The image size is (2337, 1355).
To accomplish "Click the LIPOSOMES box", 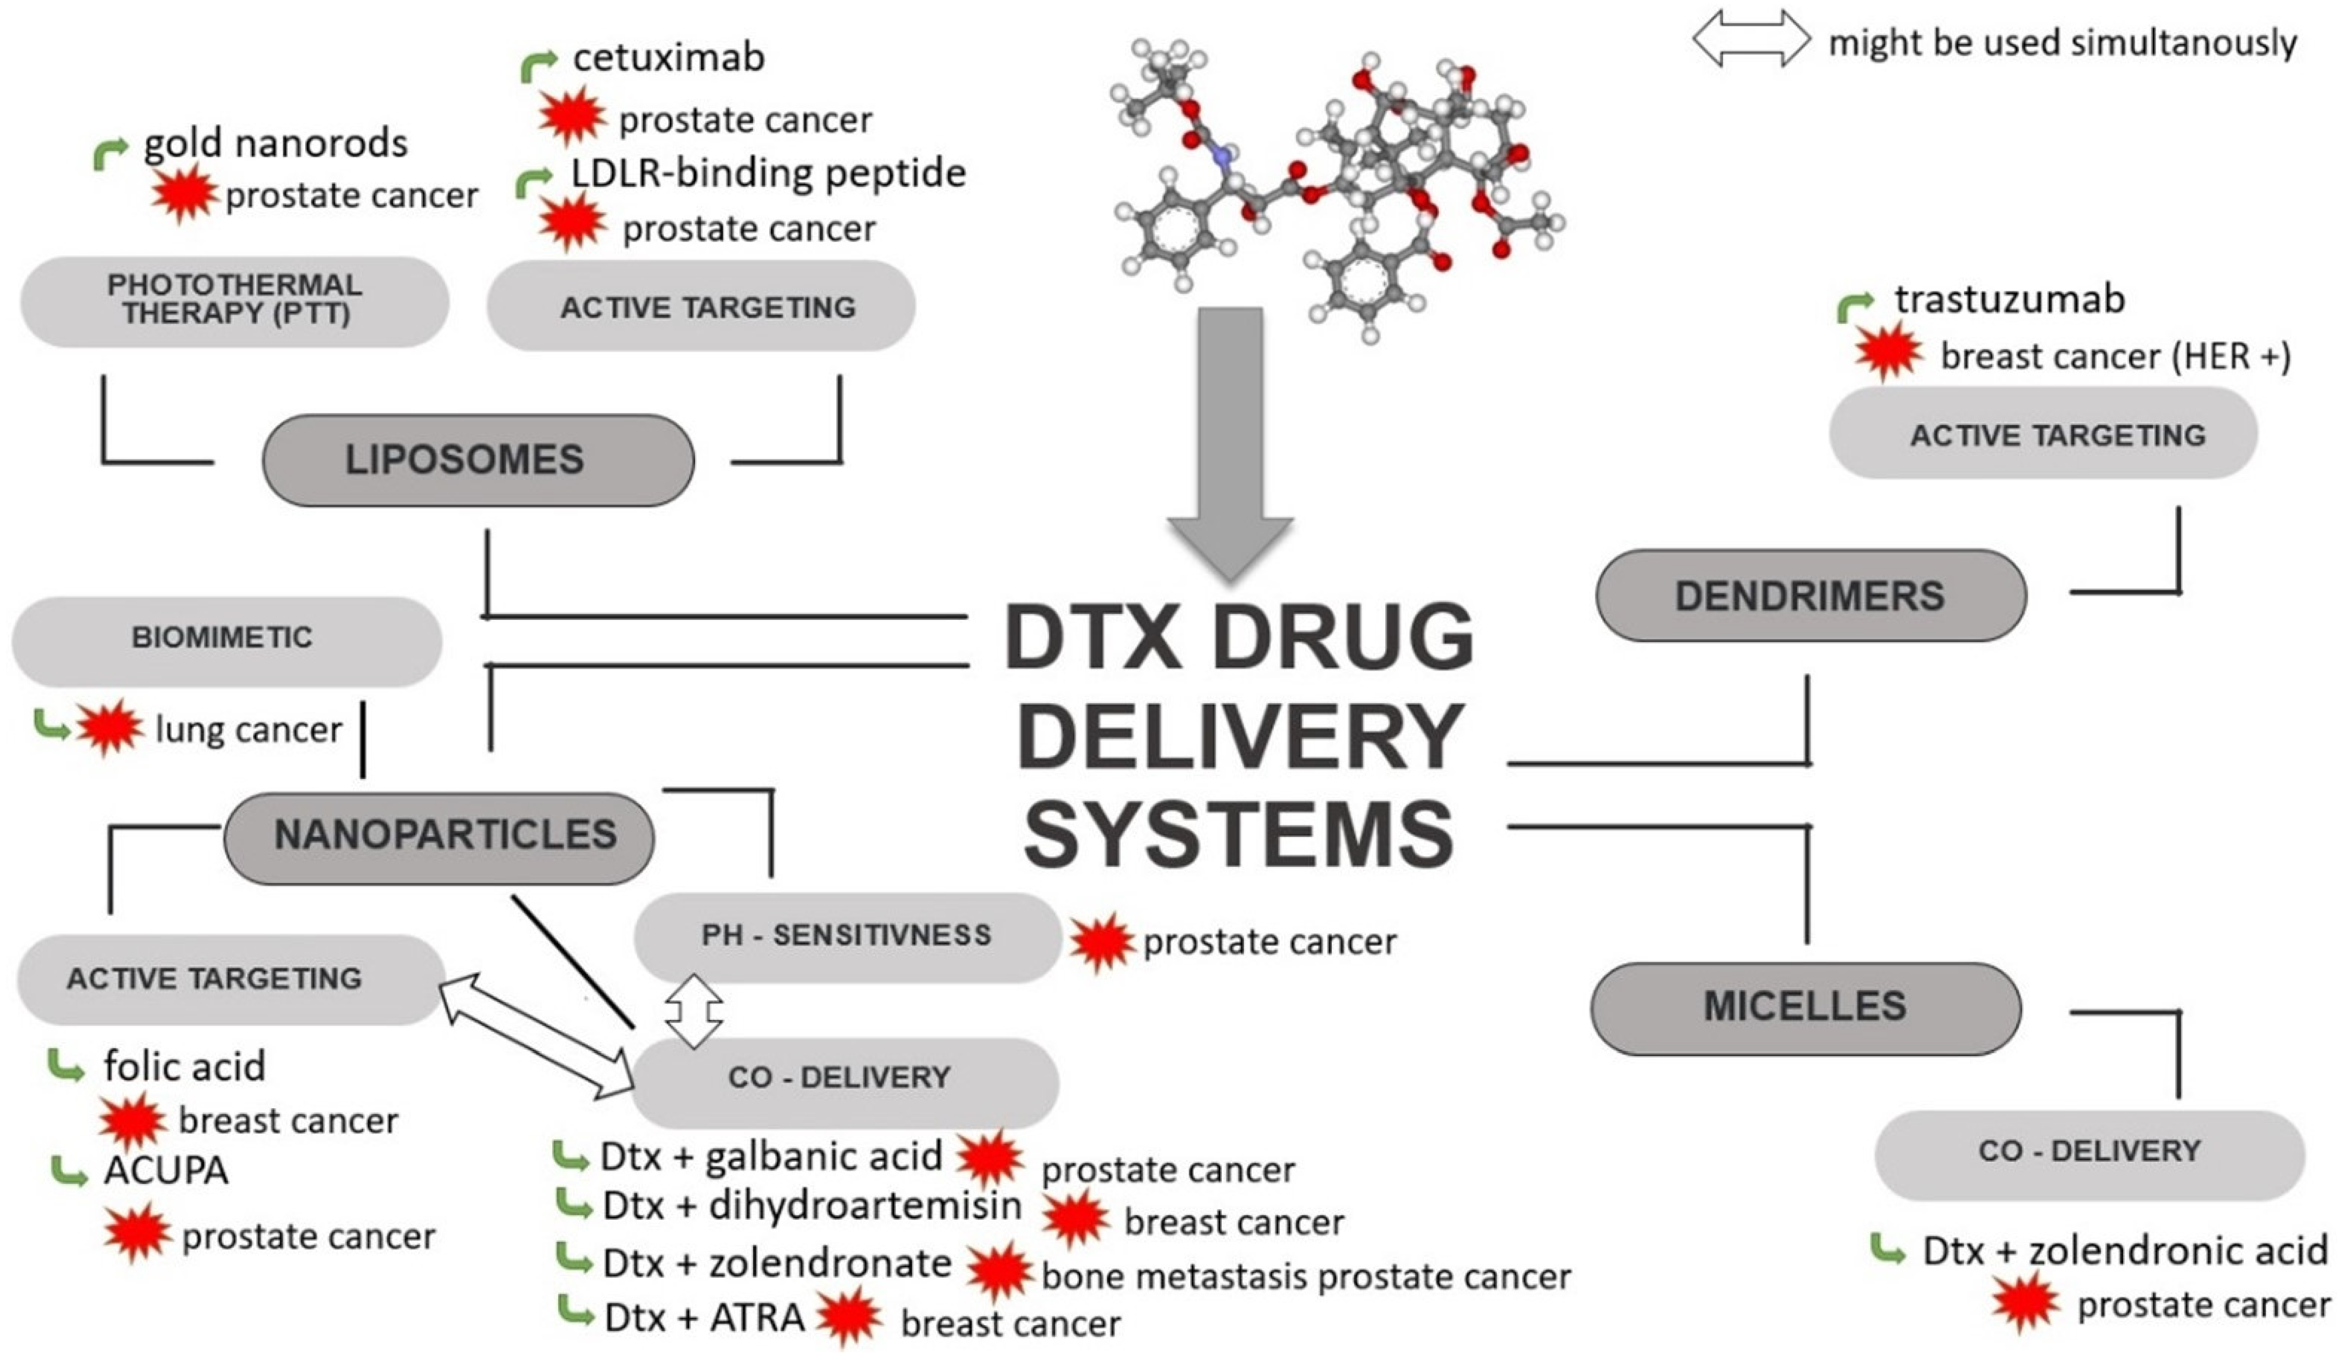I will click(x=477, y=460).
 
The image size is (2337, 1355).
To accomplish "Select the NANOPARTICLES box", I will click(x=438, y=836).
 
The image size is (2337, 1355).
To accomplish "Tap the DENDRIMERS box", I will click(x=1810, y=595).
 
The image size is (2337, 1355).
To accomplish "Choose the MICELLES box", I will click(x=1805, y=1007).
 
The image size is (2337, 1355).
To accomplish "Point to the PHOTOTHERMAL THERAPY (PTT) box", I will click(x=234, y=300).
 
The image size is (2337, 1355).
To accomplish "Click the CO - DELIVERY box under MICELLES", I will click(x=2089, y=1153).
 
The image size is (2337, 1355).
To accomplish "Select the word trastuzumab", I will click(x=2009, y=299).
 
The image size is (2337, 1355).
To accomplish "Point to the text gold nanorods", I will click(x=276, y=144).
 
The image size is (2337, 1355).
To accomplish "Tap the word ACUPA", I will click(x=166, y=1171).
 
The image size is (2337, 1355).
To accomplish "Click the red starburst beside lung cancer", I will click(x=109, y=729).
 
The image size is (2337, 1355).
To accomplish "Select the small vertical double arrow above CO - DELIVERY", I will click(x=693, y=1010).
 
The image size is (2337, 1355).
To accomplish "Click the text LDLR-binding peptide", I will click(x=768, y=173).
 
